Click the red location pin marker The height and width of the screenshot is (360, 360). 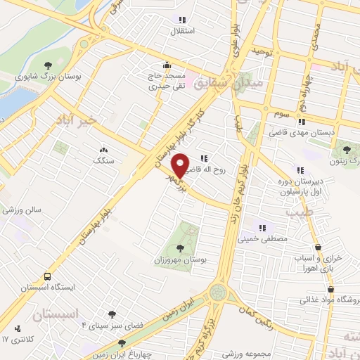click(181, 165)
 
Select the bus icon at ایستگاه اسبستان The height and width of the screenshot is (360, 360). click(47, 276)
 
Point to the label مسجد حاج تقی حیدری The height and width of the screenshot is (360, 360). click(166, 82)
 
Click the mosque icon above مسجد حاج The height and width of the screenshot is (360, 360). click(167, 64)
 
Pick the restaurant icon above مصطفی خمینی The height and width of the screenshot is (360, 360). click(262, 227)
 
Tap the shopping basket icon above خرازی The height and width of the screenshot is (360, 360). click(320, 247)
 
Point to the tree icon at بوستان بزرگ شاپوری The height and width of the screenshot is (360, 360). click(48, 65)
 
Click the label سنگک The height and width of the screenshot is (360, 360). click(103, 160)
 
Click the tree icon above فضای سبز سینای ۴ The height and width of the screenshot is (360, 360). click(112, 314)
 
